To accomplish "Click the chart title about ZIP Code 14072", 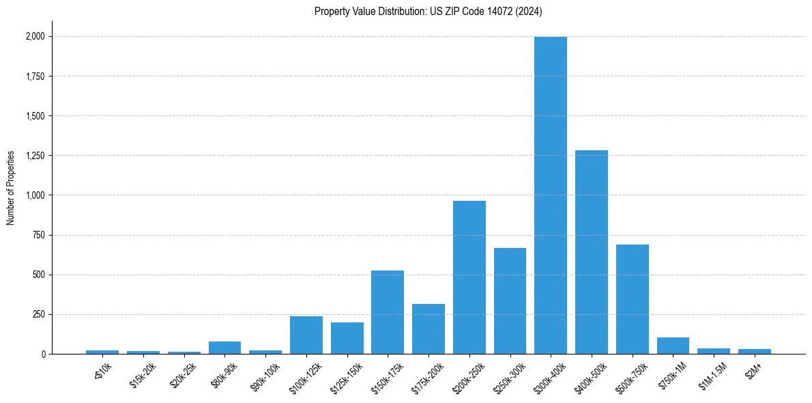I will [428, 11].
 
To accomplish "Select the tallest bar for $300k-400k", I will [551, 195].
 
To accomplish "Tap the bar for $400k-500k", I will [592, 252].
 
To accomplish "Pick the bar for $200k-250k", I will [469, 277].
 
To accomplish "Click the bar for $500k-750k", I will [633, 299].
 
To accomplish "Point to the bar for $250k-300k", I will [510, 301].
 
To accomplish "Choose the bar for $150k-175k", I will [388, 312].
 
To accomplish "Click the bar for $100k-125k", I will [306, 335].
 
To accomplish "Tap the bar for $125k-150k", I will [347, 338].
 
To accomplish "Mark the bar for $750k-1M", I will [673, 346].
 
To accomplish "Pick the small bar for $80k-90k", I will [224, 348].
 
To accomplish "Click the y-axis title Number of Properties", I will [11, 188].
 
